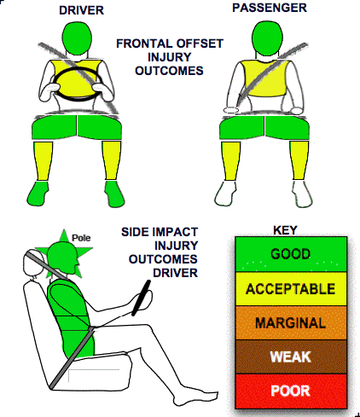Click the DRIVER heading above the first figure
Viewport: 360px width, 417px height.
pos(81,10)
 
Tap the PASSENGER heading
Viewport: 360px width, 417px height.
pos(270,8)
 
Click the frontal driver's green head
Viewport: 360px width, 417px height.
pos(77,37)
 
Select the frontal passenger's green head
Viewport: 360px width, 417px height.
pos(267,38)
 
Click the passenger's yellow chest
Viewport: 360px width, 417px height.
pos(264,78)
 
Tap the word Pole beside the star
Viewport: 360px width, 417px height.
pos(81,238)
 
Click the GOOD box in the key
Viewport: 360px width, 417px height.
pos(291,254)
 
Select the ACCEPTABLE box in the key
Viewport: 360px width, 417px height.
pos(291,289)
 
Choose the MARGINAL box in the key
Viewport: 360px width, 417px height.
pos(291,323)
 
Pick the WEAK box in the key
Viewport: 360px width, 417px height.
pos(291,356)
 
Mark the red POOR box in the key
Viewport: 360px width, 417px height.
pos(291,391)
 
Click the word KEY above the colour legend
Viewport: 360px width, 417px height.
pos(285,230)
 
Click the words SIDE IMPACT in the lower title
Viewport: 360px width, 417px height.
pos(160,232)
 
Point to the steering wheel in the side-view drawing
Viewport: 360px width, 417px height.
pos(141,298)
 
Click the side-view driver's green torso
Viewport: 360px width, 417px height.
pos(70,316)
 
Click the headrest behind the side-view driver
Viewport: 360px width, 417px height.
pos(32,263)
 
